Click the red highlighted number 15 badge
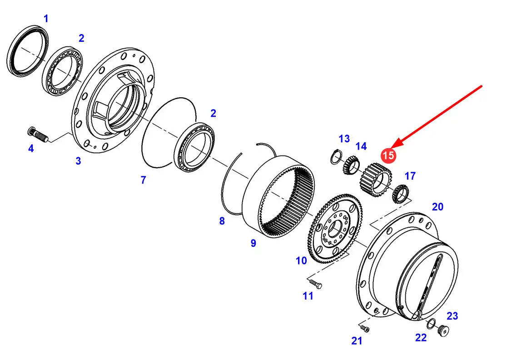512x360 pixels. coord(388,155)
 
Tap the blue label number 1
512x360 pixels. coord(46,19)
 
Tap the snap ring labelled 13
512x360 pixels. coord(335,157)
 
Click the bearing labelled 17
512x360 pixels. coord(400,193)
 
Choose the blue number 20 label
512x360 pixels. coord(437,207)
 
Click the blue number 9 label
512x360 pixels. coord(253,243)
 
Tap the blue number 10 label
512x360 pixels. coord(301,260)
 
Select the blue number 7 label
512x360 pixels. coord(143,180)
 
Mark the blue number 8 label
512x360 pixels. coord(222,221)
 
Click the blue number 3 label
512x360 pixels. coord(78,161)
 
